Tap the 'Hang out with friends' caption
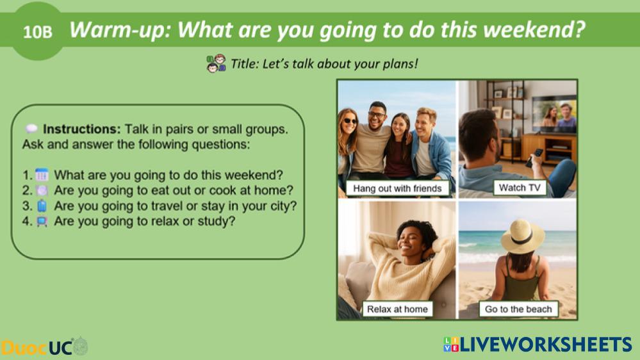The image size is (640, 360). (397, 188)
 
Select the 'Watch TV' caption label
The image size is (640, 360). (519, 187)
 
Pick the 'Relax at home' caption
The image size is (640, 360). (397, 309)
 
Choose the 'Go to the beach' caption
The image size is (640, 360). (518, 309)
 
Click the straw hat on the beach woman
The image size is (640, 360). (523, 236)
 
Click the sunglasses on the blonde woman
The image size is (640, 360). (349, 121)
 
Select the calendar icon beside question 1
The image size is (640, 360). (42, 175)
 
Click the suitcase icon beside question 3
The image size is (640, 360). (42, 206)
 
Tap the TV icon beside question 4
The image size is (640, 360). (42, 221)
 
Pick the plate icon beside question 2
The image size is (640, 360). (42, 190)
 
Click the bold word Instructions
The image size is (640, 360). (81, 129)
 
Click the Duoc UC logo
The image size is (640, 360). (44, 347)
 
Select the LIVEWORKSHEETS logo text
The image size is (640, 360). (537, 345)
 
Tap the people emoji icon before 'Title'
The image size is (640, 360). (216, 63)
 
